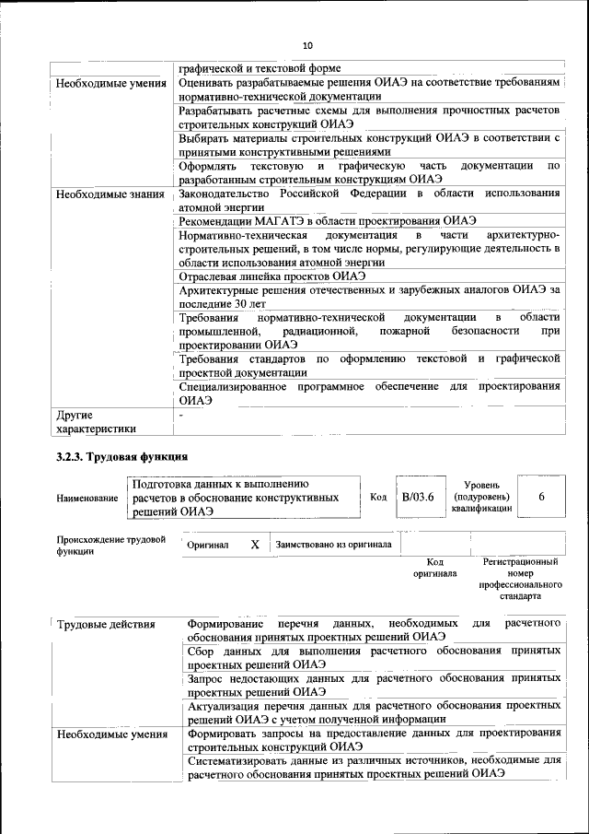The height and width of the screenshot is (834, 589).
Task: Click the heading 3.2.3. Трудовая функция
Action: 122,456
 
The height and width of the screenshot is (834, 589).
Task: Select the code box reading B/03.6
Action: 417,497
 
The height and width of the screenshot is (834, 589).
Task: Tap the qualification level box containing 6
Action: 541,497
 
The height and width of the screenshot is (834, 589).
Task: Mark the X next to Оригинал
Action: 255,545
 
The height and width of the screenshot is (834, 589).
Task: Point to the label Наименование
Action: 87,498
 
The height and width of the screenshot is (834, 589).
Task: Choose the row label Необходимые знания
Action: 110,194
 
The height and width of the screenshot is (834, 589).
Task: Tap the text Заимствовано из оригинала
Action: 333,545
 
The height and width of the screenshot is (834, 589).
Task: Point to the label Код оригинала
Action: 435,567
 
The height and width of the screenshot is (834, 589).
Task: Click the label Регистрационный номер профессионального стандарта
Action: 520,578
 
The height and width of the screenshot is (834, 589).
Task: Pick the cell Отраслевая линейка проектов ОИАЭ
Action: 272,276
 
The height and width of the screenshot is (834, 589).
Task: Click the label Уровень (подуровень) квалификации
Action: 481,497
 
